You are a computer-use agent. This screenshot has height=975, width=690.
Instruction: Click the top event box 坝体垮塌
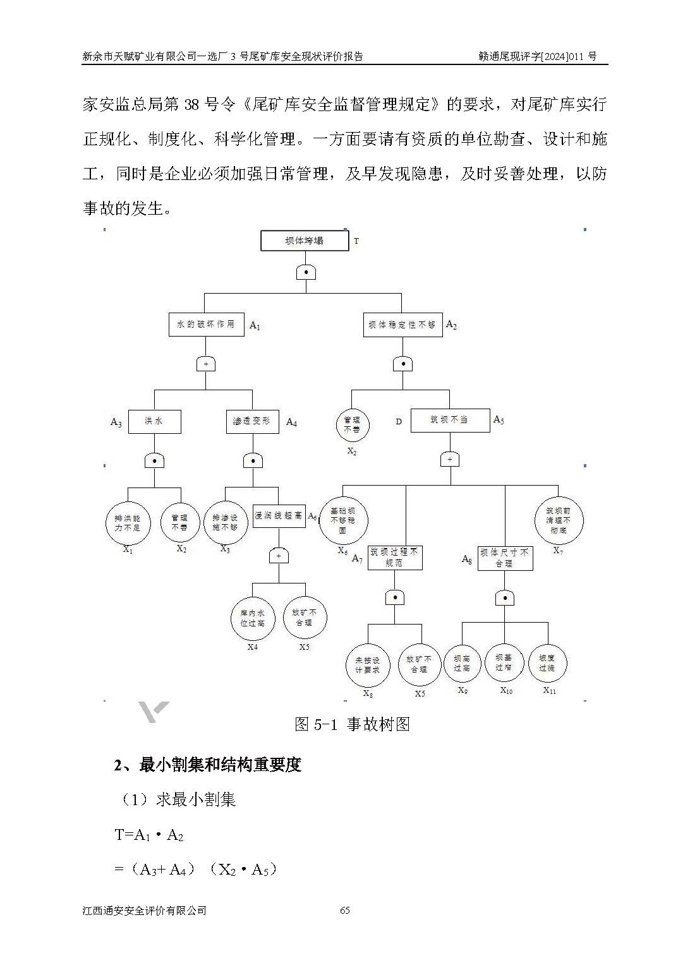point(305,241)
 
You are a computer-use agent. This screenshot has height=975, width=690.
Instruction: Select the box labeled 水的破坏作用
point(206,324)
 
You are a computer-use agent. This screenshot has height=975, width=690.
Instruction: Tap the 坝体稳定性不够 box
point(402,325)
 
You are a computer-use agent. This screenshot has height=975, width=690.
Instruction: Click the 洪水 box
point(154,421)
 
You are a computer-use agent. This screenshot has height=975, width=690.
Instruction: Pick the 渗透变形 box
point(252,421)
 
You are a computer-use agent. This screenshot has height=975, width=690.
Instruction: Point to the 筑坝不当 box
point(450,420)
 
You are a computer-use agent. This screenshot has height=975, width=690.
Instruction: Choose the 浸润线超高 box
point(279,516)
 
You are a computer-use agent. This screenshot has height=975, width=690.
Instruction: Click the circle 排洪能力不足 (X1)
point(128,523)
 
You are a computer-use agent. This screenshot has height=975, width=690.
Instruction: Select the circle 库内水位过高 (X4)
point(252,618)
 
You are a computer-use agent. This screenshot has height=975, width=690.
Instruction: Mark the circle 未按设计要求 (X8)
point(368,665)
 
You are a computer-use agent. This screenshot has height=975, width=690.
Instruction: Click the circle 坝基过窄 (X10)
point(504,662)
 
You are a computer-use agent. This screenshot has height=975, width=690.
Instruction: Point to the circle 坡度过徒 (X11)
point(547,663)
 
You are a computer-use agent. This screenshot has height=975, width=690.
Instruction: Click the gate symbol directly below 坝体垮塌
point(306,272)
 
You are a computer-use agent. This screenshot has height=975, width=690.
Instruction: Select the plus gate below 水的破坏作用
point(206,364)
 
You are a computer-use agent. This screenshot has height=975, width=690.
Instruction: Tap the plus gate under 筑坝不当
point(450,460)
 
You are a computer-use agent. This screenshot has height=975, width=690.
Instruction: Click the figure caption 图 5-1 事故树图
point(352,724)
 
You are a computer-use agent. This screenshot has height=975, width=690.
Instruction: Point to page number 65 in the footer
point(345,910)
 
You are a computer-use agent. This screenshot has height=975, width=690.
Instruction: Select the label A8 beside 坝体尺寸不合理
point(467,559)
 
